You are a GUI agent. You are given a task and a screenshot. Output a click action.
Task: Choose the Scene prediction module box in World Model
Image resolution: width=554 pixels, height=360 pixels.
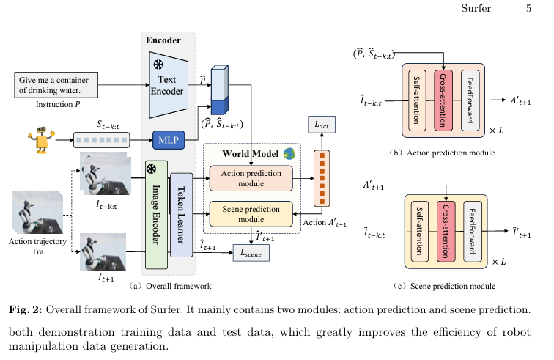coord(251,213)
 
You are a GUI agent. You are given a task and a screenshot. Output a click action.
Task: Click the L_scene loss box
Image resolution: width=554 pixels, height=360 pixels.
coord(251,252)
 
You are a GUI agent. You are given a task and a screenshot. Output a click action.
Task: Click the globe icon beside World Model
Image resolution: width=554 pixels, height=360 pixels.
coord(289,154)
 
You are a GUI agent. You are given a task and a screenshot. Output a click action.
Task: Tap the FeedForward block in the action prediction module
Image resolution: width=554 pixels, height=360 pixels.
coord(470,100)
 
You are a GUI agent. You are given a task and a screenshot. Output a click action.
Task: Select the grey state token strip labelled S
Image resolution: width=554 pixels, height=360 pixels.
coord(100,139)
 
